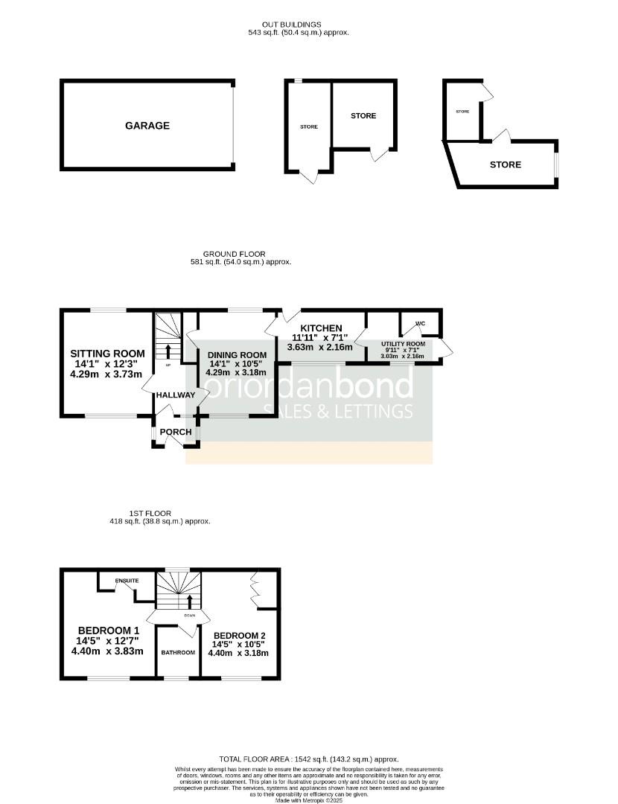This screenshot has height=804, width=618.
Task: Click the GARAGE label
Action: coord(147,126)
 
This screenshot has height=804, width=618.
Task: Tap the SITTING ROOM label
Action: coord(106,353)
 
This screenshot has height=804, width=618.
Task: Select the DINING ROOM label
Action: coord(237,354)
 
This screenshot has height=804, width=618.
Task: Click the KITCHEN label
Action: coord(321,328)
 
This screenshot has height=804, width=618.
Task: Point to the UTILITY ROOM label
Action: coord(403,344)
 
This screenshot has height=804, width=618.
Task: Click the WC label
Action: coord(420,324)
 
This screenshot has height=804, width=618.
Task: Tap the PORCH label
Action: coord(176,432)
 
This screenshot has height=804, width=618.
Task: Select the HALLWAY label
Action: coord(176,395)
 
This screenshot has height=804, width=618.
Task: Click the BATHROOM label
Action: coord(178,652)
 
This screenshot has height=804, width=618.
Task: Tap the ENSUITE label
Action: coord(127,581)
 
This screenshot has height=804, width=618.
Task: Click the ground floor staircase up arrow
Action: coord(168,350)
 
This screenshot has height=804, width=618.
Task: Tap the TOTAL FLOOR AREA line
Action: coord(308,759)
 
